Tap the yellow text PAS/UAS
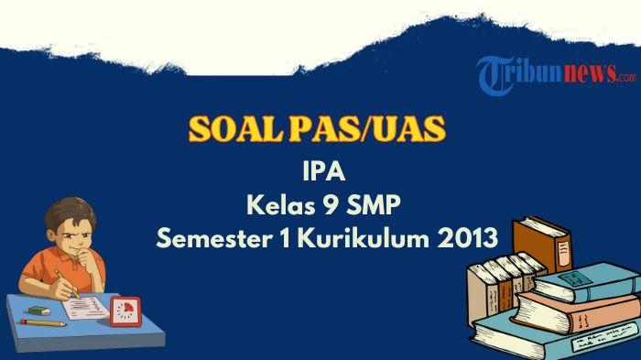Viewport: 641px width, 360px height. [x=376, y=129]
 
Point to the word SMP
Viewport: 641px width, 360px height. [x=377, y=205]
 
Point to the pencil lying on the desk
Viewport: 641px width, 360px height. [x=43, y=322]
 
